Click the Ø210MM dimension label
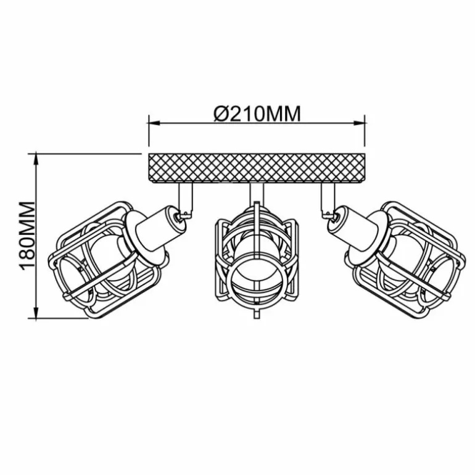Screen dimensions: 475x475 pos(257,114)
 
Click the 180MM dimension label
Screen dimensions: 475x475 pos(27,236)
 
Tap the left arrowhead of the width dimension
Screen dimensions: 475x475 pos(154,123)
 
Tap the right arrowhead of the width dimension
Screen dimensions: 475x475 pos(359,123)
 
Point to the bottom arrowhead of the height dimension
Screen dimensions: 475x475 pos(36,312)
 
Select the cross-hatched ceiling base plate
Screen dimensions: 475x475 pos(257,168)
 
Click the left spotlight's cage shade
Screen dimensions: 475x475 pos(104,260)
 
